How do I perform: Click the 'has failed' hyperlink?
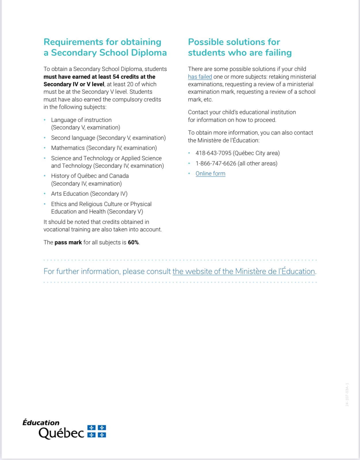(200, 77)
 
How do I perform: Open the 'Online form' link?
(210, 173)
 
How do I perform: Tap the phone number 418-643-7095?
(213, 153)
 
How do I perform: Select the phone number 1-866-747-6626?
(216, 163)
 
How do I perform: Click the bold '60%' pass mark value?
(133, 242)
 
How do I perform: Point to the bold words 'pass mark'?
(68, 242)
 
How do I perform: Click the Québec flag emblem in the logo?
(97, 431)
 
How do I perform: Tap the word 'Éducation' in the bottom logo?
(41, 423)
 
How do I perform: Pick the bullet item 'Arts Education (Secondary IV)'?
(89, 194)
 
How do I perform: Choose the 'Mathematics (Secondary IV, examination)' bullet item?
(104, 148)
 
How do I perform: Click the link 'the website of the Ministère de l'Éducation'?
(243, 271)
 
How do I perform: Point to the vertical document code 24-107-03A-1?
(347, 394)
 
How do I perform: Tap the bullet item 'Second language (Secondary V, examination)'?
(108, 138)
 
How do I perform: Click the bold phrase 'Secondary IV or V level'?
(74, 84)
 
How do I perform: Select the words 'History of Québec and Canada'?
(90, 176)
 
